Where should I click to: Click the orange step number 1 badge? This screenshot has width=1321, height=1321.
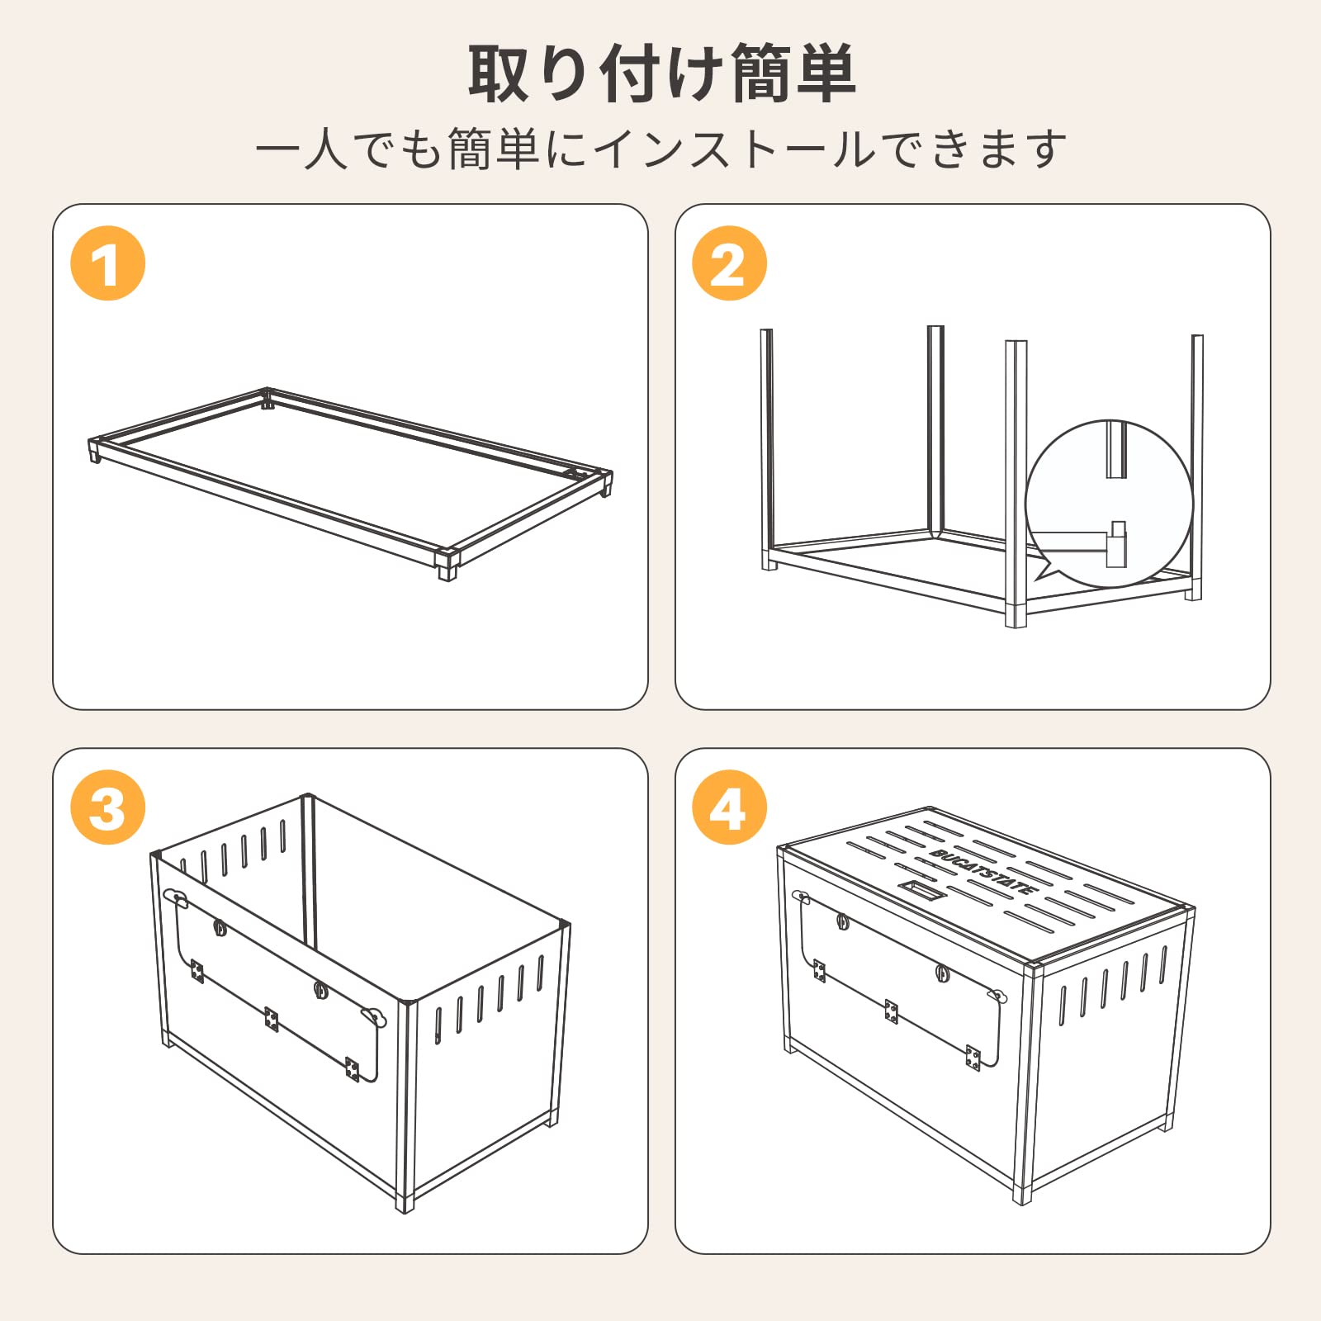(x=108, y=263)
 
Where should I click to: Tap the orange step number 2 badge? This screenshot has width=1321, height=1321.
(x=729, y=263)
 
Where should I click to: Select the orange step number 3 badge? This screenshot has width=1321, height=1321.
(x=108, y=807)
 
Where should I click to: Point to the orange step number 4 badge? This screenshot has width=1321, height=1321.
(x=729, y=807)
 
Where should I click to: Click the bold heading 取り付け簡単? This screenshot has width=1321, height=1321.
(x=660, y=74)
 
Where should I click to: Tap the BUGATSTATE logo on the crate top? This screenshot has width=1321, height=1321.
(x=982, y=872)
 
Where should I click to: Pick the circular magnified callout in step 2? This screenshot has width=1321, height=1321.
(x=1109, y=504)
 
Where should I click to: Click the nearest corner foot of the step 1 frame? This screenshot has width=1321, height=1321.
(x=447, y=566)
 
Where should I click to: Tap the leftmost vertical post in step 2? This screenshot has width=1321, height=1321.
(x=767, y=446)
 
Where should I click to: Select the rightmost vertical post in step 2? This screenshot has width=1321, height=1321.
(x=1196, y=462)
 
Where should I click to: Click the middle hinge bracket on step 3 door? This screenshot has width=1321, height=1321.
(x=272, y=1020)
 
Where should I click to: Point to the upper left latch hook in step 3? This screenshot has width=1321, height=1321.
(x=175, y=897)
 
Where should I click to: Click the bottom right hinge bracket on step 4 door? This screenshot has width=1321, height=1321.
(x=973, y=1058)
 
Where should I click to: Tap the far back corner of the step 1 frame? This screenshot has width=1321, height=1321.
(x=267, y=397)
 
